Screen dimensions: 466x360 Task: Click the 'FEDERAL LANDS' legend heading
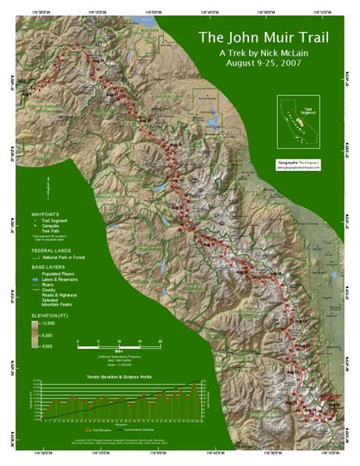pyautogui.click(x=51, y=250)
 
